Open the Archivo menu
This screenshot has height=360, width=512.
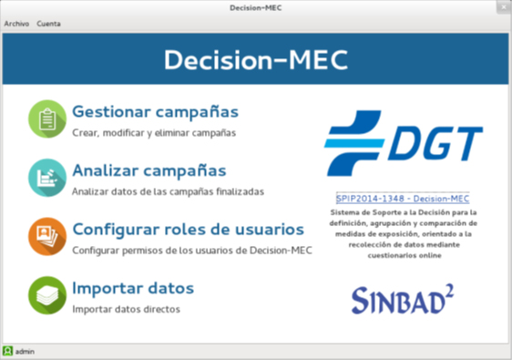point(16,24)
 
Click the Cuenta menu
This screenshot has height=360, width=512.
point(48,24)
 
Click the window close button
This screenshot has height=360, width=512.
point(500,7)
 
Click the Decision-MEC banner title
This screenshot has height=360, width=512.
point(256,59)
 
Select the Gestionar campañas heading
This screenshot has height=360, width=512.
point(155,112)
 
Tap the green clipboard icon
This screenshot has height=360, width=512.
point(46,119)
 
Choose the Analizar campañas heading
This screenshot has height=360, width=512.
point(148,170)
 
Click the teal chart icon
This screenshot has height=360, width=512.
point(46,178)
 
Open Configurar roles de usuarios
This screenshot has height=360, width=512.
point(188,229)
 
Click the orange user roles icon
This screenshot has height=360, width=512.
point(46,236)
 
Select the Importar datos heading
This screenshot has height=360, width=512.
point(133,289)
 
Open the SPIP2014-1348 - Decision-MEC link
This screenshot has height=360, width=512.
point(403,198)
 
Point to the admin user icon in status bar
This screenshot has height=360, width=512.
point(7,351)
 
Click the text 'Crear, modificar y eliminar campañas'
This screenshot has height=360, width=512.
point(154,133)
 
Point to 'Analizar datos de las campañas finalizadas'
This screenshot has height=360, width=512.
point(168,192)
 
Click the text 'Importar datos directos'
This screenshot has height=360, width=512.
point(126,309)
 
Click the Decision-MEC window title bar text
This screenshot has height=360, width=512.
point(256,7)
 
